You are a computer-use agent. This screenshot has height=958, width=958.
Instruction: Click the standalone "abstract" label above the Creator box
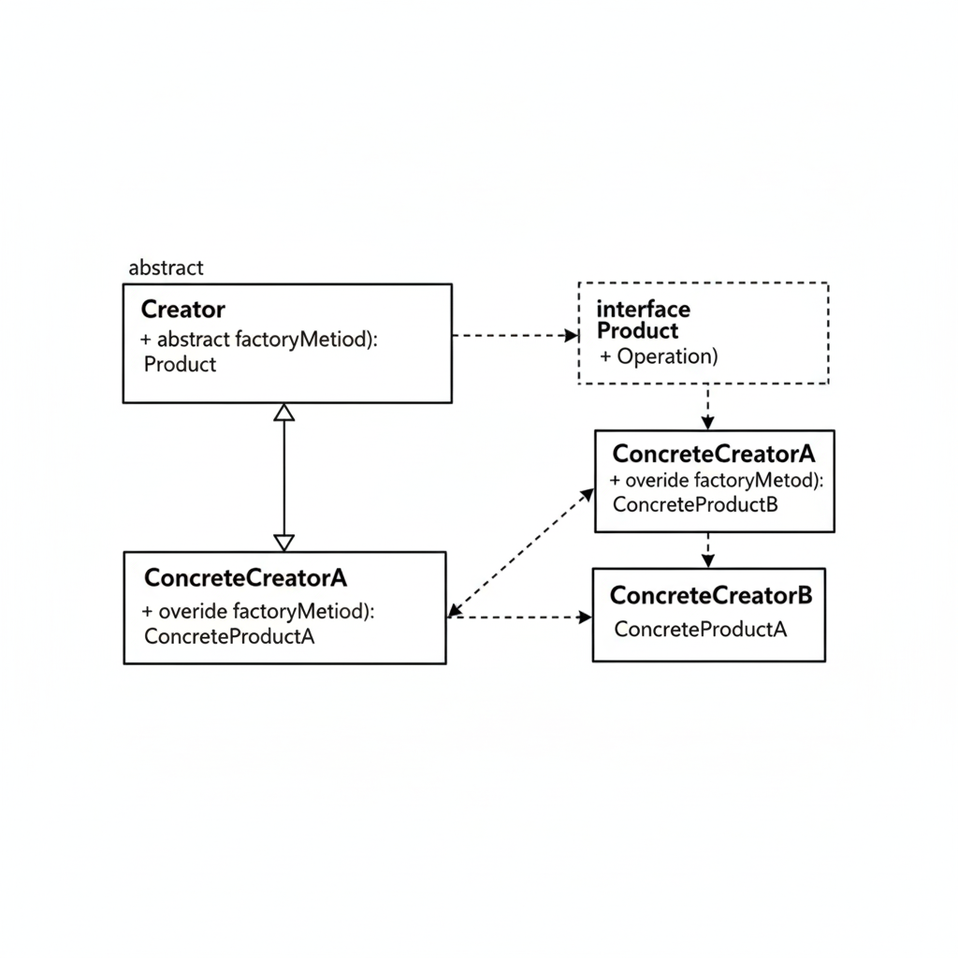click(x=166, y=268)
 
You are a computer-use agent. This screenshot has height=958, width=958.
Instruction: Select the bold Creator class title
click(x=182, y=309)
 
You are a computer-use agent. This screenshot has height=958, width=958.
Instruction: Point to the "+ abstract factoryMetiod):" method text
click(x=259, y=340)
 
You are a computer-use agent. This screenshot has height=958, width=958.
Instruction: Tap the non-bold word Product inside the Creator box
click(x=181, y=365)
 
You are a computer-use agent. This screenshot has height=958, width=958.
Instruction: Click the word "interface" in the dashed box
click(x=643, y=309)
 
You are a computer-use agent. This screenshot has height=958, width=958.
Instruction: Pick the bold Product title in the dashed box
click(x=637, y=330)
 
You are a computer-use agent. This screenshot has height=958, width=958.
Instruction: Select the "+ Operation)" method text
click(x=659, y=356)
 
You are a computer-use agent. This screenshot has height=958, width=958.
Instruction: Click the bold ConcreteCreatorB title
click(x=710, y=595)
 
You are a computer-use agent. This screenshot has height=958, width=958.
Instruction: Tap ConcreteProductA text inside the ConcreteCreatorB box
click(x=700, y=629)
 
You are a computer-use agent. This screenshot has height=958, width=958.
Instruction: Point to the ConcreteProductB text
click(x=694, y=504)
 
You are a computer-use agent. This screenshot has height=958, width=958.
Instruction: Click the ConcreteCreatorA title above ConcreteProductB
click(x=713, y=454)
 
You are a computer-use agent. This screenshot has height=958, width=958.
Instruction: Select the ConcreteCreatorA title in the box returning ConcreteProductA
click(x=245, y=578)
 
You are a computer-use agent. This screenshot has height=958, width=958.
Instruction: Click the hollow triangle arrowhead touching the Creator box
click(x=284, y=412)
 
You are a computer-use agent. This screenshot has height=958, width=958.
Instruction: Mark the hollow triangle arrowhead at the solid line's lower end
click(x=284, y=542)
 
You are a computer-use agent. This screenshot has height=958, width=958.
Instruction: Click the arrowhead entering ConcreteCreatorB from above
click(x=708, y=559)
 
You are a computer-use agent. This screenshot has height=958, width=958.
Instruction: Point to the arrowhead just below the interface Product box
click(x=708, y=422)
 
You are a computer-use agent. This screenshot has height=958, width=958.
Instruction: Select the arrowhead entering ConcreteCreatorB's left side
click(x=585, y=617)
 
